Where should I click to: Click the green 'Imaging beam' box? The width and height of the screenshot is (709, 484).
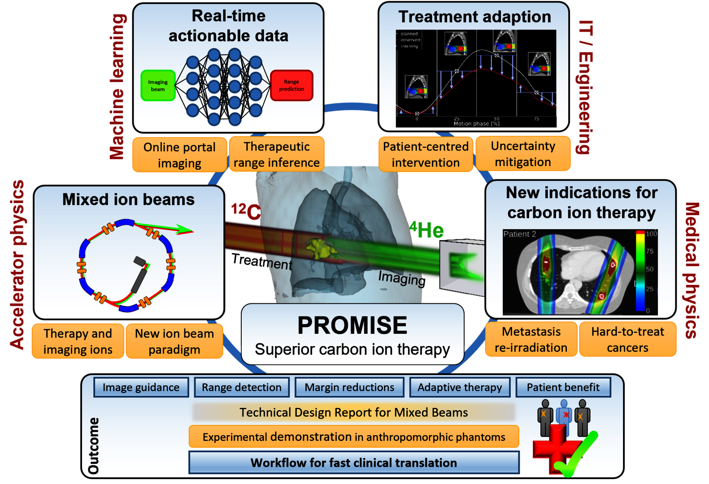[x=158, y=86]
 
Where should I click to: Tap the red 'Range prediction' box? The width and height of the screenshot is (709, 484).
[x=291, y=85]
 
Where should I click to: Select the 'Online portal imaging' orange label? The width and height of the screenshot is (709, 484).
[x=179, y=155]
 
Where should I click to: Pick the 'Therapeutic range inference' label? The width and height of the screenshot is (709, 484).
[x=277, y=155]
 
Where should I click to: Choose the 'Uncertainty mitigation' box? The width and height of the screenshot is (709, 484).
[x=523, y=154]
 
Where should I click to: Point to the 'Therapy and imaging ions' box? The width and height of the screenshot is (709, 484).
[x=78, y=341]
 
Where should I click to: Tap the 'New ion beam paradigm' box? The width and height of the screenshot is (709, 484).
[x=174, y=341]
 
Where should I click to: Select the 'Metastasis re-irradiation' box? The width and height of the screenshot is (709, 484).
[x=531, y=340]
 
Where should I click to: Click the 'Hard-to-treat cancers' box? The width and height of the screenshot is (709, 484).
[x=627, y=340]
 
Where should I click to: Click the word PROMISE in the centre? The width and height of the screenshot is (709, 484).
[x=352, y=325]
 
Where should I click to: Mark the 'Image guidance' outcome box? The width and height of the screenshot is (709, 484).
[x=141, y=388]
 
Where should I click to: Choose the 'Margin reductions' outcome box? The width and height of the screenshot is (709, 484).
[x=349, y=388]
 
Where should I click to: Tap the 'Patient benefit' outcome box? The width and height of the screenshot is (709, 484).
[x=563, y=388]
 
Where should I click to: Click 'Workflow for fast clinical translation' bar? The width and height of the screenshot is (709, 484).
[x=354, y=463]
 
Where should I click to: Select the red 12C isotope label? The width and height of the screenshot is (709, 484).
[x=246, y=212]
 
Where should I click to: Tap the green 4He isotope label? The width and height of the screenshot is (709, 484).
[x=427, y=230]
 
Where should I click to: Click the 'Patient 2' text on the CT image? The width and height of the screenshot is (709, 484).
[x=519, y=234]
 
